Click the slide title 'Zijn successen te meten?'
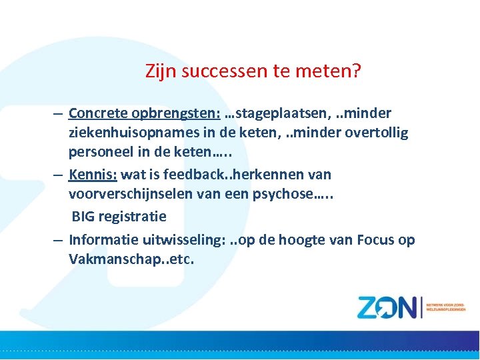click(x=253, y=71)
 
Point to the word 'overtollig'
click(x=376, y=133)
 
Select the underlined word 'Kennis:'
click(x=92, y=175)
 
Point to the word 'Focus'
click(x=376, y=239)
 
